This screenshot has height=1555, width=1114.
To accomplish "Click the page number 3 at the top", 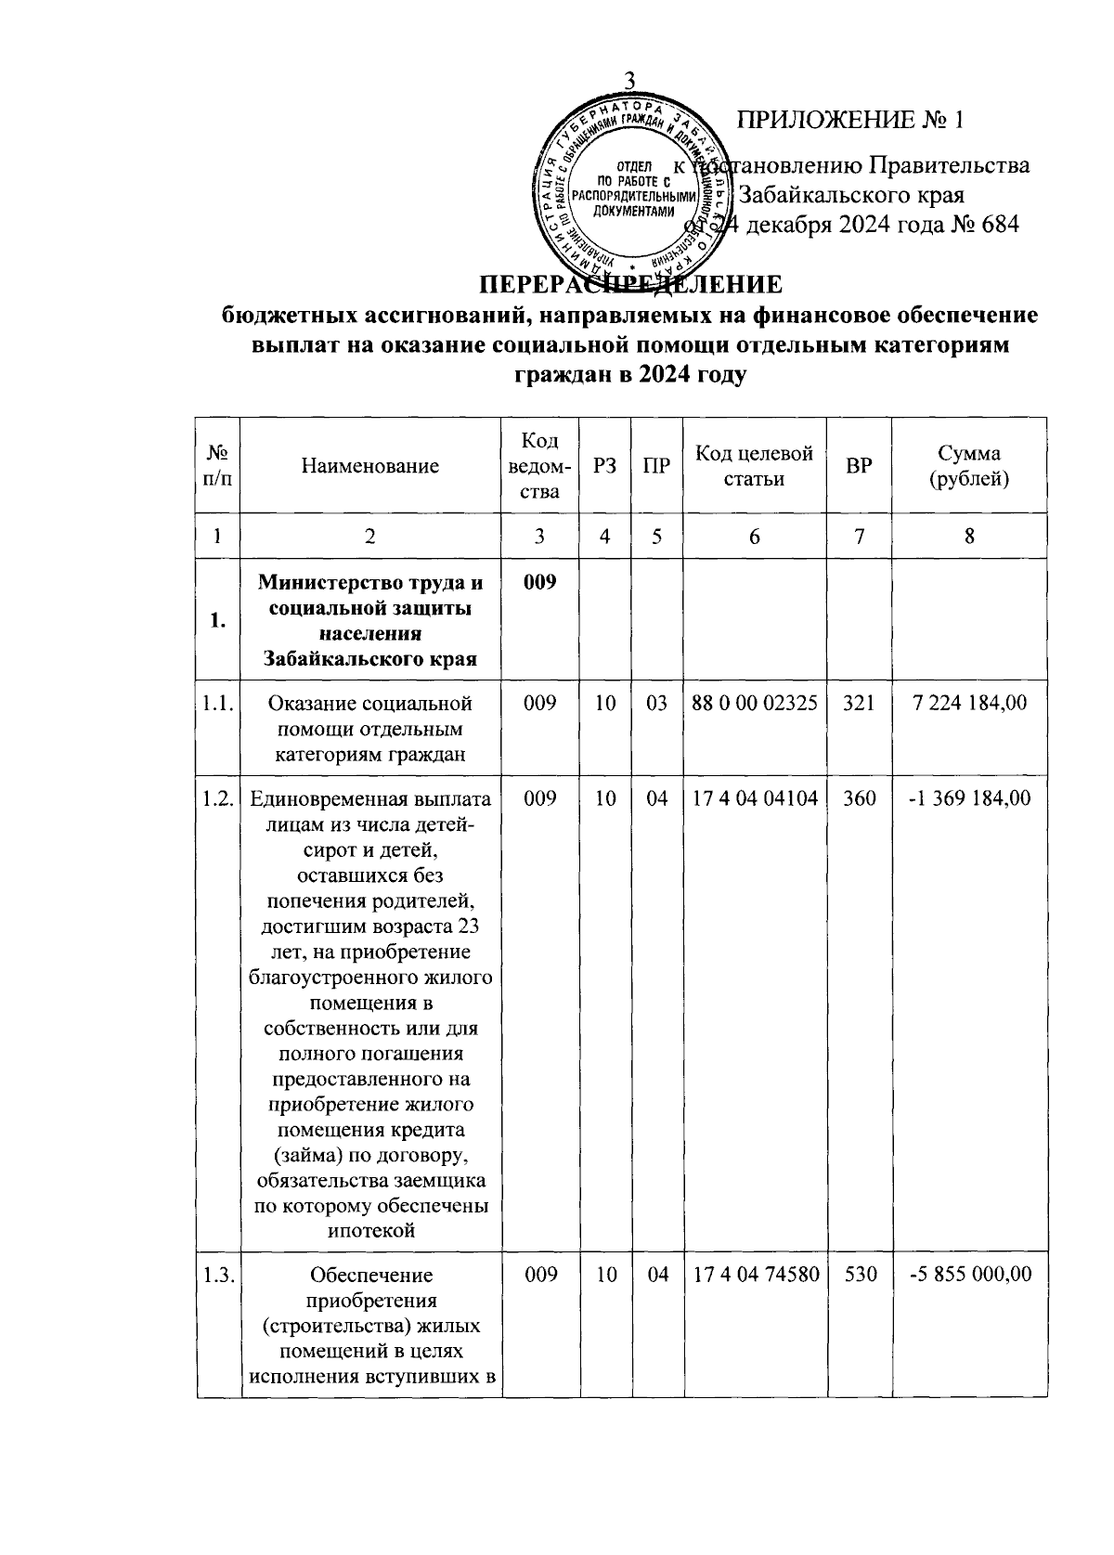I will pos(630,82).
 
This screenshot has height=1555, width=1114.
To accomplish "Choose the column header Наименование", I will pos(369,466).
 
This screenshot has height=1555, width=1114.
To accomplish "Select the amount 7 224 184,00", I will pos(970,704).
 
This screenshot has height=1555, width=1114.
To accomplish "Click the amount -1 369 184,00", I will pos(970,797).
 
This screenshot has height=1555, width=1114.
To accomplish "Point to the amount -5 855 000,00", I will pos(970,1275).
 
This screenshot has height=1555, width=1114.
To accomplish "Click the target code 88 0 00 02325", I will pos(755,704).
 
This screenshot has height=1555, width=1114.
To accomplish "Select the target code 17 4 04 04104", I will pos(755,797).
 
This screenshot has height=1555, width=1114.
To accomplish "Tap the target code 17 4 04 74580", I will pos(755,1275).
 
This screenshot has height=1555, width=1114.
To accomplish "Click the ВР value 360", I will pos(859,797).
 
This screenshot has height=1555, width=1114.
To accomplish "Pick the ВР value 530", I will pos(859,1275).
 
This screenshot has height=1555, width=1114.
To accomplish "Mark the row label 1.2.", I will pos(217,797).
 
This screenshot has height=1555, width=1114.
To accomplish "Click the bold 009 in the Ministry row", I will pos(539,583).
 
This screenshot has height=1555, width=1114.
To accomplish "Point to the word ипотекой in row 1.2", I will pos(369,1231).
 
